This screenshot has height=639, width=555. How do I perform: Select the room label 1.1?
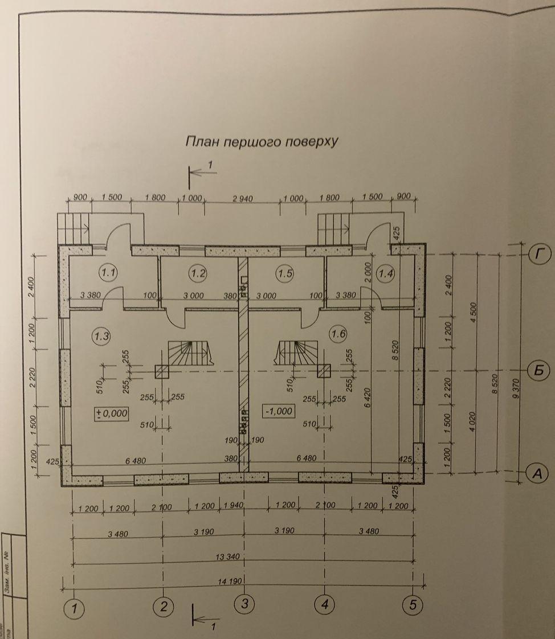pyautogui.click(x=108, y=273)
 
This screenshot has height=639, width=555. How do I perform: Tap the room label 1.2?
pyautogui.click(x=198, y=273)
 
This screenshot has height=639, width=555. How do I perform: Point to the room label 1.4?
pyautogui.click(x=386, y=273)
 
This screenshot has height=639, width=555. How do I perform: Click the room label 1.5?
pyautogui.click(x=285, y=273)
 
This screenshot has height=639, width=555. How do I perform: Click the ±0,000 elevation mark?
pyautogui.click(x=112, y=413)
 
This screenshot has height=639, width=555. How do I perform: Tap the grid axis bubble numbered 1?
pyautogui.click(x=74, y=609)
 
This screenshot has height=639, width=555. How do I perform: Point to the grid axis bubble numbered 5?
pyautogui.click(x=412, y=605)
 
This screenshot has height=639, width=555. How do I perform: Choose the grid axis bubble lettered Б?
pyautogui.click(x=538, y=371)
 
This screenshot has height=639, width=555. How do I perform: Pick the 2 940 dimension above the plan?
pyautogui.click(x=242, y=198)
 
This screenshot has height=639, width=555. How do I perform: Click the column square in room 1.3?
pyautogui.click(x=164, y=371)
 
